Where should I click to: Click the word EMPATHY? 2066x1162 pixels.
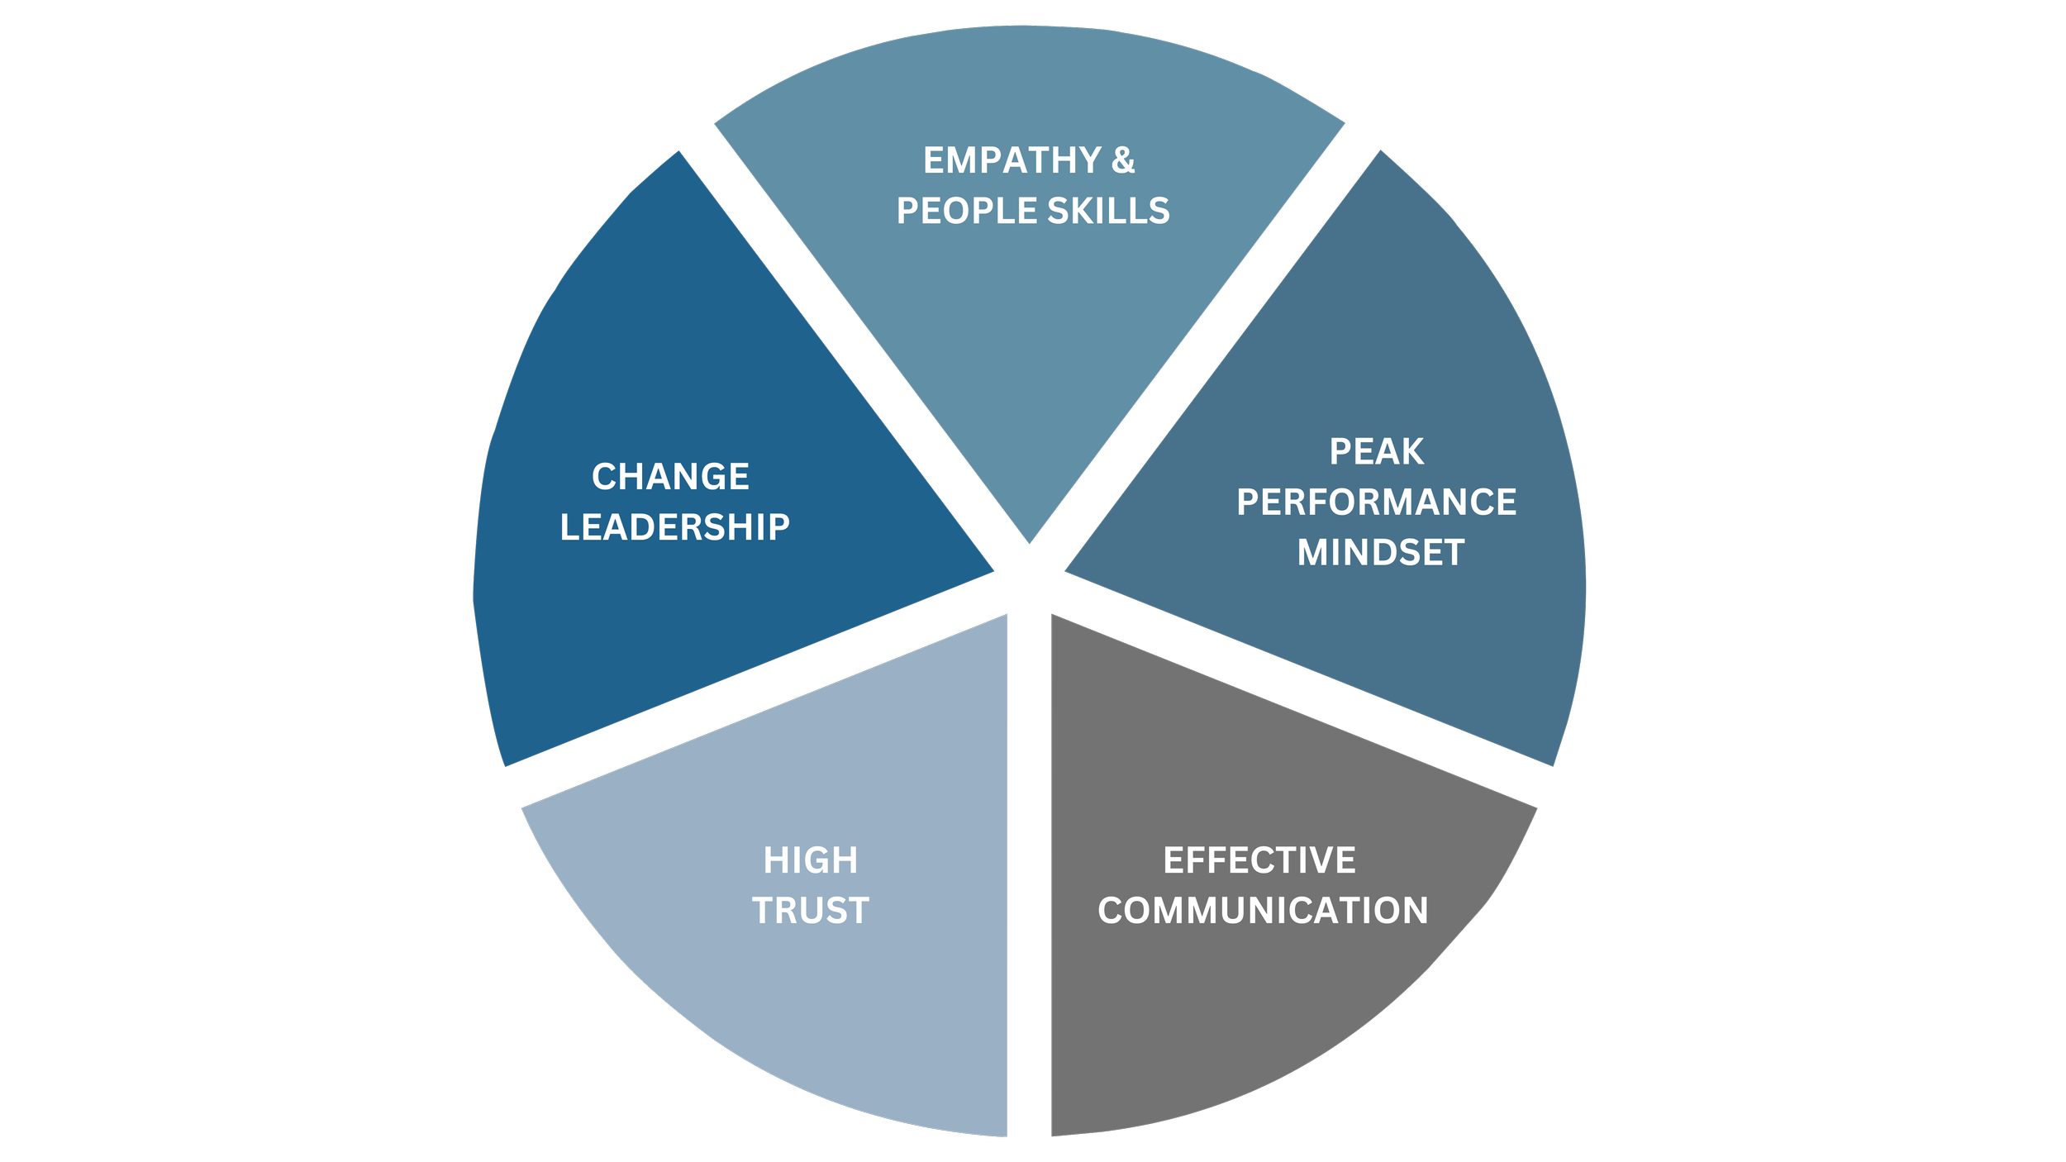(1012, 161)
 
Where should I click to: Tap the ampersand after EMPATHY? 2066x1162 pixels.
(1123, 161)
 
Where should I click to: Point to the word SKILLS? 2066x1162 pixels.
(1108, 212)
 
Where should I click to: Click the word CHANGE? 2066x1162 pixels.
(670, 477)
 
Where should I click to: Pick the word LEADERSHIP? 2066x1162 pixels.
(674, 527)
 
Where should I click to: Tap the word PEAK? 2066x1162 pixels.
(1376, 452)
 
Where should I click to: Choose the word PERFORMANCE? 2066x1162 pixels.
(1376, 502)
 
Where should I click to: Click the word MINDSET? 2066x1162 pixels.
(1380, 553)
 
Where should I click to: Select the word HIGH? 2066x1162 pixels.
(810, 860)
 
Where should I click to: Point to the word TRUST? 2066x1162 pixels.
(810, 911)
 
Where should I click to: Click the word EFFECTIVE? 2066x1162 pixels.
(1259, 860)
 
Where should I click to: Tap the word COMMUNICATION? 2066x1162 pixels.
(1263, 911)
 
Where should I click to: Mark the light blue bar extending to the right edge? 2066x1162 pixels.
(1777, 200)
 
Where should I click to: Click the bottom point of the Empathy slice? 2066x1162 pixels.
(1030, 541)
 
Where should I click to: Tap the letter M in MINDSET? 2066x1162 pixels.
(1313, 553)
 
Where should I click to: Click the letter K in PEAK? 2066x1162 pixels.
(1411, 452)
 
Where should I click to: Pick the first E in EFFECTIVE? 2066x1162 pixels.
(1173, 860)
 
